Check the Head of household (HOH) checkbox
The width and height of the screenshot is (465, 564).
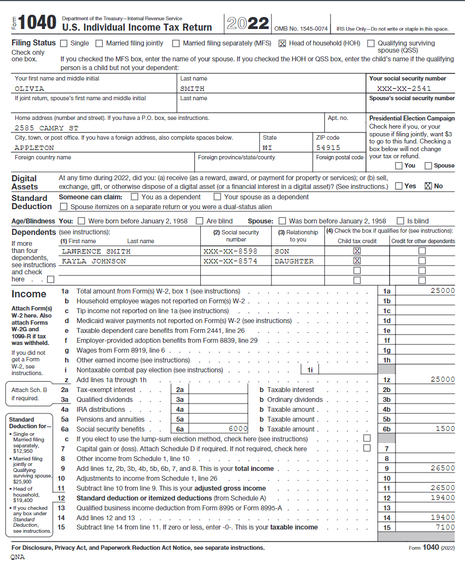[x=283, y=43]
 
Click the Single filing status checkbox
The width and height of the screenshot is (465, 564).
[x=64, y=43]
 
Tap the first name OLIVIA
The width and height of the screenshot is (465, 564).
[x=30, y=89]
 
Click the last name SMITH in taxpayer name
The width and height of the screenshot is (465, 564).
[x=192, y=89]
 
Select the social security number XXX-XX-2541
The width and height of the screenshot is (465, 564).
[x=404, y=89]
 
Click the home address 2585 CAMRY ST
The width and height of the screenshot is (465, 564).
[x=47, y=128]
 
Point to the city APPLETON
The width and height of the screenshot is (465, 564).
[x=34, y=148]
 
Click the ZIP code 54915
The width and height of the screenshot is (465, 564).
[x=328, y=148]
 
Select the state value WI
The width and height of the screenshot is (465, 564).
[x=268, y=148]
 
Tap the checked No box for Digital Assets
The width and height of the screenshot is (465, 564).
[x=428, y=186]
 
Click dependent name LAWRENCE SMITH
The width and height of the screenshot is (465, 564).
[x=96, y=251]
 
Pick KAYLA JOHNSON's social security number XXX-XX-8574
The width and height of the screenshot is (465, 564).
[x=230, y=262]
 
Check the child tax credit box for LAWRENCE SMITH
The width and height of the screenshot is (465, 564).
[x=357, y=251]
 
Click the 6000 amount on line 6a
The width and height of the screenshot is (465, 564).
[x=239, y=429]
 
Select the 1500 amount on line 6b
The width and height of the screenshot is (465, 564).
[x=445, y=429]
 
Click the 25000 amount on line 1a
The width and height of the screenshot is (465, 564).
[x=443, y=291]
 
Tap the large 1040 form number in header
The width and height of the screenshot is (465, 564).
[x=37, y=23]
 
